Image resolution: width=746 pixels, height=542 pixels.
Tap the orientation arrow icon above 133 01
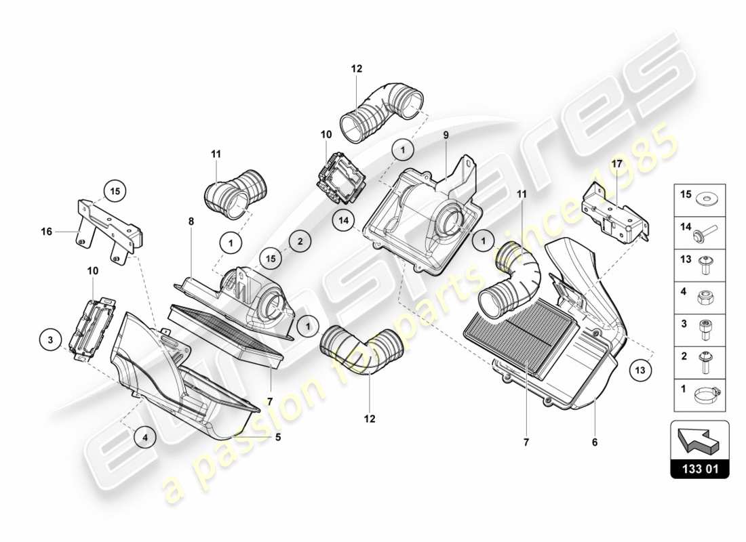pos(699,440)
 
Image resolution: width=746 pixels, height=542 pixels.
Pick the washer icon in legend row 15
pos(709,200)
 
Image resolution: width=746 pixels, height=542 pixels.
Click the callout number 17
pos(616,163)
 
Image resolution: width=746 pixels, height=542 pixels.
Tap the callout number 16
pos(45,232)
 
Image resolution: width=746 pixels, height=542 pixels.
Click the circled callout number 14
pos(343,218)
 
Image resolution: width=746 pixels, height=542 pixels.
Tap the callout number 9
pos(446,135)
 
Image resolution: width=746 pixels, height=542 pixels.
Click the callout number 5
pos(278,437)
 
